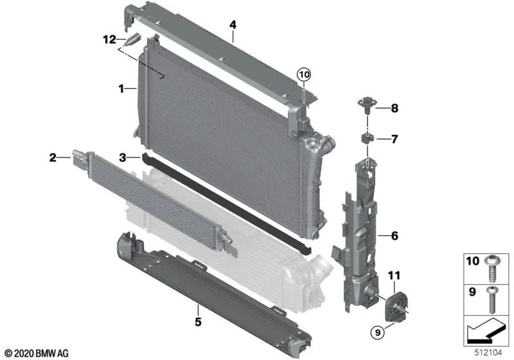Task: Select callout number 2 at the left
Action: (x=53, y=156)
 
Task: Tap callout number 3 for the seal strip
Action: (x=121, y=156)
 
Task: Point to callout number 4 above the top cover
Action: (x=233, y=25)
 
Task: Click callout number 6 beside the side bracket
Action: (x=394, y=236)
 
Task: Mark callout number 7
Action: (x=394, y=139)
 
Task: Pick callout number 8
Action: (x=394, y=108)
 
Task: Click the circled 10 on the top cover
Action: (x=303, y=75)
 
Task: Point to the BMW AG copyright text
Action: (x=36, y=353)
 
